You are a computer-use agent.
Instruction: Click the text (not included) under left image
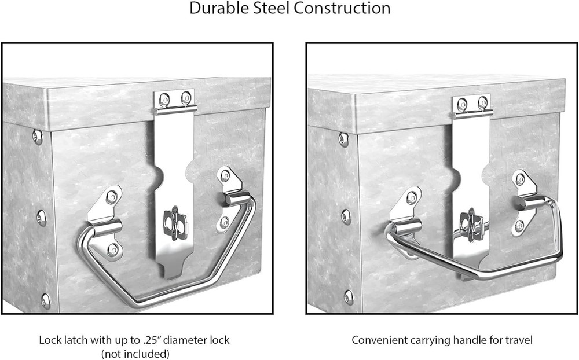click(x=134, y=354)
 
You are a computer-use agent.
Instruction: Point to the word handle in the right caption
click(x=454, y=340)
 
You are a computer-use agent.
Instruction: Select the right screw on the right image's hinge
click(x=482, y=103)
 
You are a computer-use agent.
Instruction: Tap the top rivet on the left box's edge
click(x=38, y=137)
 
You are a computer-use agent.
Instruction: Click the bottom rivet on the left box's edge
click(x=46, y=299)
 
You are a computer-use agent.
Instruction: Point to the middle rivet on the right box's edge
click(x=346, y=216)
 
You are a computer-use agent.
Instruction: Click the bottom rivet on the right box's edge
click(x=348, y=296)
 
